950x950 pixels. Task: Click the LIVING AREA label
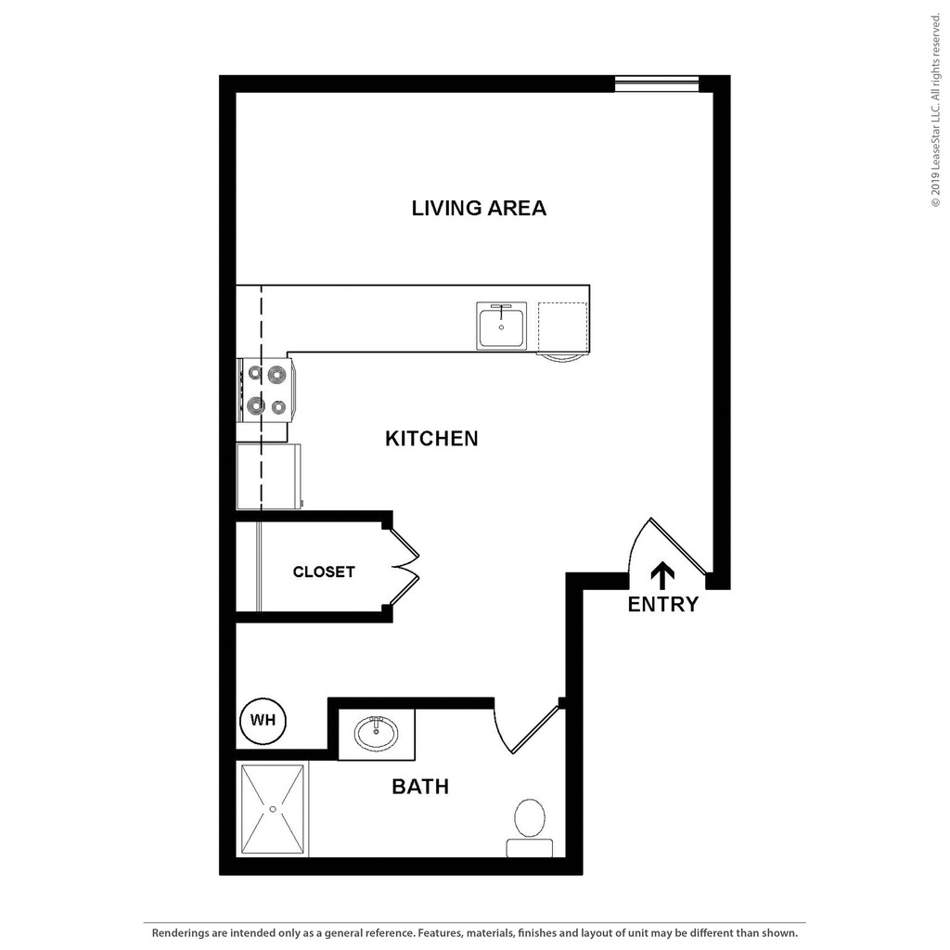[479, 208]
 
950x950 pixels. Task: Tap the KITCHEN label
[431, 438]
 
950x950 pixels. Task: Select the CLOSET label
[324, 571]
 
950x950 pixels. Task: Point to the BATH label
[420, 787]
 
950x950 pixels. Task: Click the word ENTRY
[662, 605]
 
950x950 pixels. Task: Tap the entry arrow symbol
[661, 576]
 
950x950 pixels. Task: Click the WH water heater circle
[263, 721]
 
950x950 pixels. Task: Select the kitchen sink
[501, 327]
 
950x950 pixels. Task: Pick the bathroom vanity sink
[377, 732]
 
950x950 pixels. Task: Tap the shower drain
[273, 809]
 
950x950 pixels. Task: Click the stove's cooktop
[266, 391]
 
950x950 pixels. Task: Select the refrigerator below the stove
[269, 476]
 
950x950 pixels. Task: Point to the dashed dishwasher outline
[562, 327]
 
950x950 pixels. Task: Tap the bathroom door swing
[525, 729]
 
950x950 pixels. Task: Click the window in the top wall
[657, 83]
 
